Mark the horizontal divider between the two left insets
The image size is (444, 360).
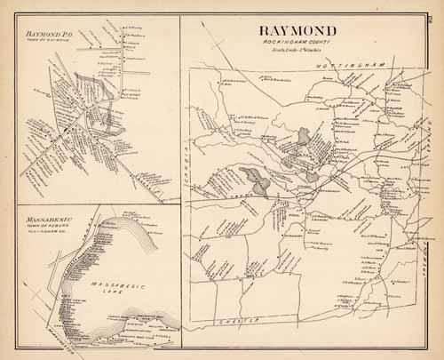tap(98, 204)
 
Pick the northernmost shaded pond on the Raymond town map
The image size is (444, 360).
tap(305, 136)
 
